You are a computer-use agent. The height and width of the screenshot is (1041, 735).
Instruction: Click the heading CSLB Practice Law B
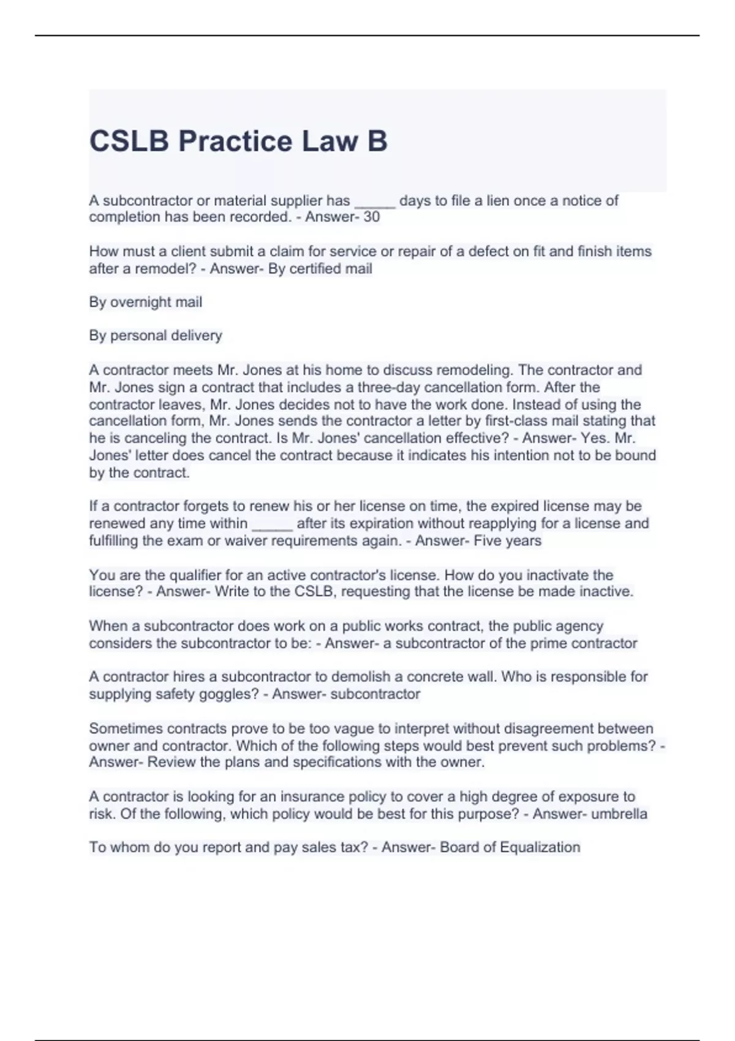238,141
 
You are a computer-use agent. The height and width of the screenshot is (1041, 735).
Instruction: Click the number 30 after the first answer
372,217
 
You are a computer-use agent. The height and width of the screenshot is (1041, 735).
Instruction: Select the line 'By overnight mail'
145,302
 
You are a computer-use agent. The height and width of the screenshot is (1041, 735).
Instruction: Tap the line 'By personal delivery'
156,336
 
